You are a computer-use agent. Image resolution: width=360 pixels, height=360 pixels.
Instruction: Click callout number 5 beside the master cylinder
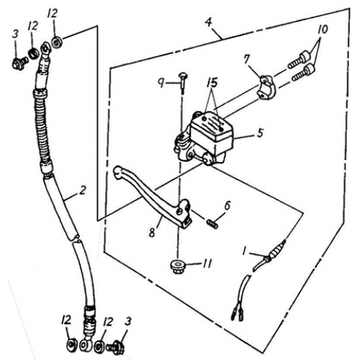240,132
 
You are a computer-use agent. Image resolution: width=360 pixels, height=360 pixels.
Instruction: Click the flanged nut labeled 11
179,267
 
